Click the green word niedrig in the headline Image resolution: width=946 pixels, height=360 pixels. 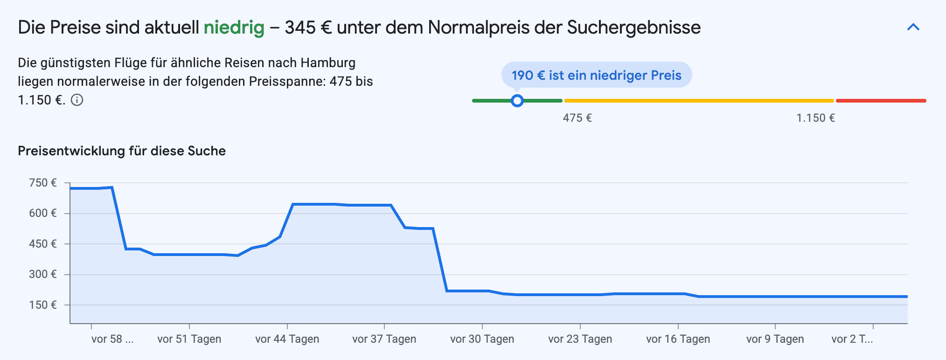(234, 28)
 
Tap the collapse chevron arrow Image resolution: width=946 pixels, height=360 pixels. (913, 28)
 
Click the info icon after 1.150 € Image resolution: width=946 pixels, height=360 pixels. (77, 100)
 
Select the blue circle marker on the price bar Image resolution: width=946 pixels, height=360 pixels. (517, 101)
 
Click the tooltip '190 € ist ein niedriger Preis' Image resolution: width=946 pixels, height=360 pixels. (596, 75)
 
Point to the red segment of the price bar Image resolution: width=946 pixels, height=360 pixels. (881, 101)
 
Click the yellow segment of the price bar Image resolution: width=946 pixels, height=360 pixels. (699, 101)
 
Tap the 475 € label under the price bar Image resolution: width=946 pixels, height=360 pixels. (577, 118)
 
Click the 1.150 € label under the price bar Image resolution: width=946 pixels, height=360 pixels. (815, 118)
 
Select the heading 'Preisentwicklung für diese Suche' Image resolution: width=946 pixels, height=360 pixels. (122, 151)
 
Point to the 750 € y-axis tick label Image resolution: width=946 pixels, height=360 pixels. (43, 183)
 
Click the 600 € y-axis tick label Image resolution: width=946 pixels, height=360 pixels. (43, 213)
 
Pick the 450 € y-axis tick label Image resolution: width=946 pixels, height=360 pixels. (43, 244)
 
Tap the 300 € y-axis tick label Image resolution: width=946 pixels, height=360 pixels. (43, 274)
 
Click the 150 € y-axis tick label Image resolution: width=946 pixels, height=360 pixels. (43, 305)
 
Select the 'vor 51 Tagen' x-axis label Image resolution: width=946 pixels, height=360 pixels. (189, 339)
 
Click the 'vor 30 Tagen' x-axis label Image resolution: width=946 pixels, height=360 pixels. (482, 339)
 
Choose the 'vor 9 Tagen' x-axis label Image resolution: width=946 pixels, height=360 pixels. (775, 339)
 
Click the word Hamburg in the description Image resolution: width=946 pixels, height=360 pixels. (327, 63)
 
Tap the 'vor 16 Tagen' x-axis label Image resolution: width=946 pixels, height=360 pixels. (678, 339)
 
